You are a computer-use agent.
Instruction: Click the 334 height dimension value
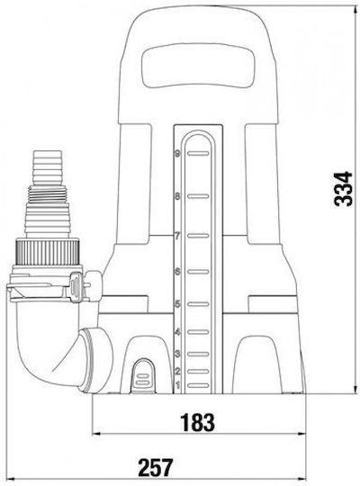tap(344, 189)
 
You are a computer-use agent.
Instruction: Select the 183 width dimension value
tap(197, 422)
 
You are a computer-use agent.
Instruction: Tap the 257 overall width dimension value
tap(156, 468)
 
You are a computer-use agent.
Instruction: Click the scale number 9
tap(177, 153)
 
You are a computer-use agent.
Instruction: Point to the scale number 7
tap(177, 236)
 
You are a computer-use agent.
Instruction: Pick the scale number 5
tap(177, 304)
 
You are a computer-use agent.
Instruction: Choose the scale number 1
tap(177, 385)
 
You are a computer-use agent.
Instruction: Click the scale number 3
tap(177, 354)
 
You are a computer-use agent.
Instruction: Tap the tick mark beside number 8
tap(198, 196)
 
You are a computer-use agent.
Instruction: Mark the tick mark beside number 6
tap(198, 272)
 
